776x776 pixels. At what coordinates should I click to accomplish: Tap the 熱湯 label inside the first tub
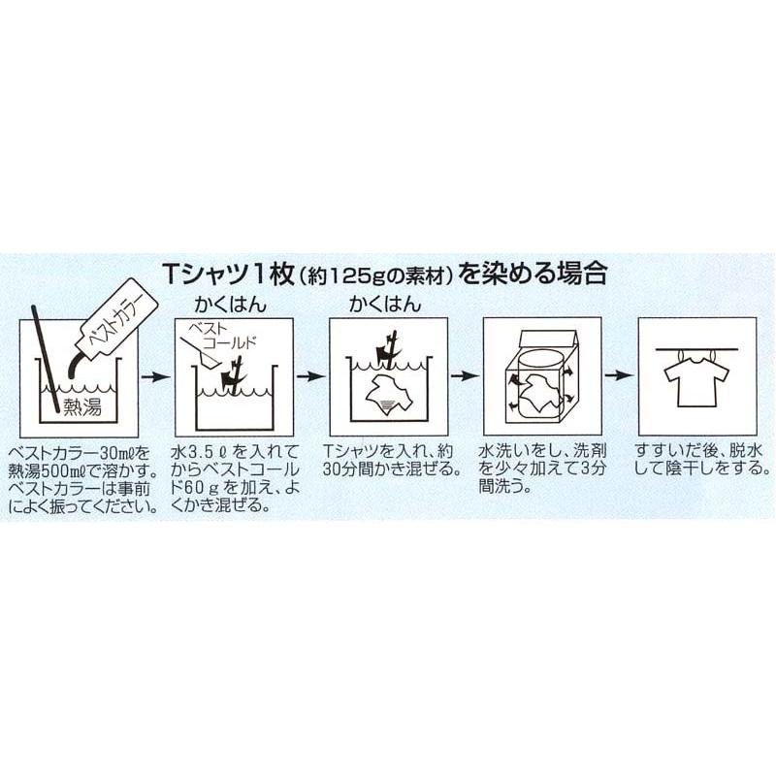[82, 407]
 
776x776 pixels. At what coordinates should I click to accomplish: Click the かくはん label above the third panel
[384, 305]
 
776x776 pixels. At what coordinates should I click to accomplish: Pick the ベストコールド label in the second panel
[223, 336]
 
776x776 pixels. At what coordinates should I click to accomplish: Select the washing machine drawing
[541, 378]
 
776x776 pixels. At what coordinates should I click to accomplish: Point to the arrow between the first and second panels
[155, 377]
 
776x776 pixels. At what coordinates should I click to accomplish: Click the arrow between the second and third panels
[310, 376]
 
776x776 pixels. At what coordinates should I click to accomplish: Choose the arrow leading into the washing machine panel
[465, 376]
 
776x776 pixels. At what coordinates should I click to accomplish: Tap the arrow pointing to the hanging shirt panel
[619, 375]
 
